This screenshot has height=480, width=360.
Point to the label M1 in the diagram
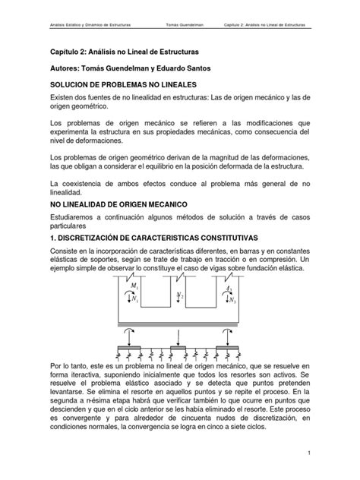click(134, 286)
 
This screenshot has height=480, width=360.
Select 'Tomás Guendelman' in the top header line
click(185, 24)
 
